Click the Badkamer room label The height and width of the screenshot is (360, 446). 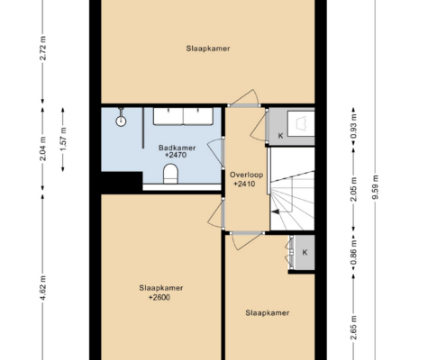coord(177,148)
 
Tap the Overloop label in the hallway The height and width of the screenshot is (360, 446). coord(246,175)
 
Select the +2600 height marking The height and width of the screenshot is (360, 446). coord(159,297)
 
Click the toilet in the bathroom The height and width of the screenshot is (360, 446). coord(170,174)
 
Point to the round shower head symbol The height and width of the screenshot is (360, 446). coord(121,121)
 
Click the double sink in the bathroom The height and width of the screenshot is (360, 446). coord(183,116)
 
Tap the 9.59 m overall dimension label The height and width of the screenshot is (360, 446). coord(375,187)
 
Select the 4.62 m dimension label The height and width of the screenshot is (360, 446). coord(43,288)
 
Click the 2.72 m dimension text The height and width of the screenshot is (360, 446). coord(43,48)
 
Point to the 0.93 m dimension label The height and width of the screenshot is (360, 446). coord(354,126)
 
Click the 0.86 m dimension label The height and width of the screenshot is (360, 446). coord(354,253)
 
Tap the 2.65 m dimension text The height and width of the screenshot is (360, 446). coord(354,328)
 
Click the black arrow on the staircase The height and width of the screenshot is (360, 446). coord(275,211)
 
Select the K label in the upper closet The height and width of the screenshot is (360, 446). coord(280,136)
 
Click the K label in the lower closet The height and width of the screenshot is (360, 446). coord(305,252)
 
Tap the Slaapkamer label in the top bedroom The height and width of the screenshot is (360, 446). coord(208,49)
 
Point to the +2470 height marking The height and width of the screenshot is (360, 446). coord(176,155)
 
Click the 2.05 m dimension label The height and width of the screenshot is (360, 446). coord(354,189)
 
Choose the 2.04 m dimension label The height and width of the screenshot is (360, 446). coord(43,148)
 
